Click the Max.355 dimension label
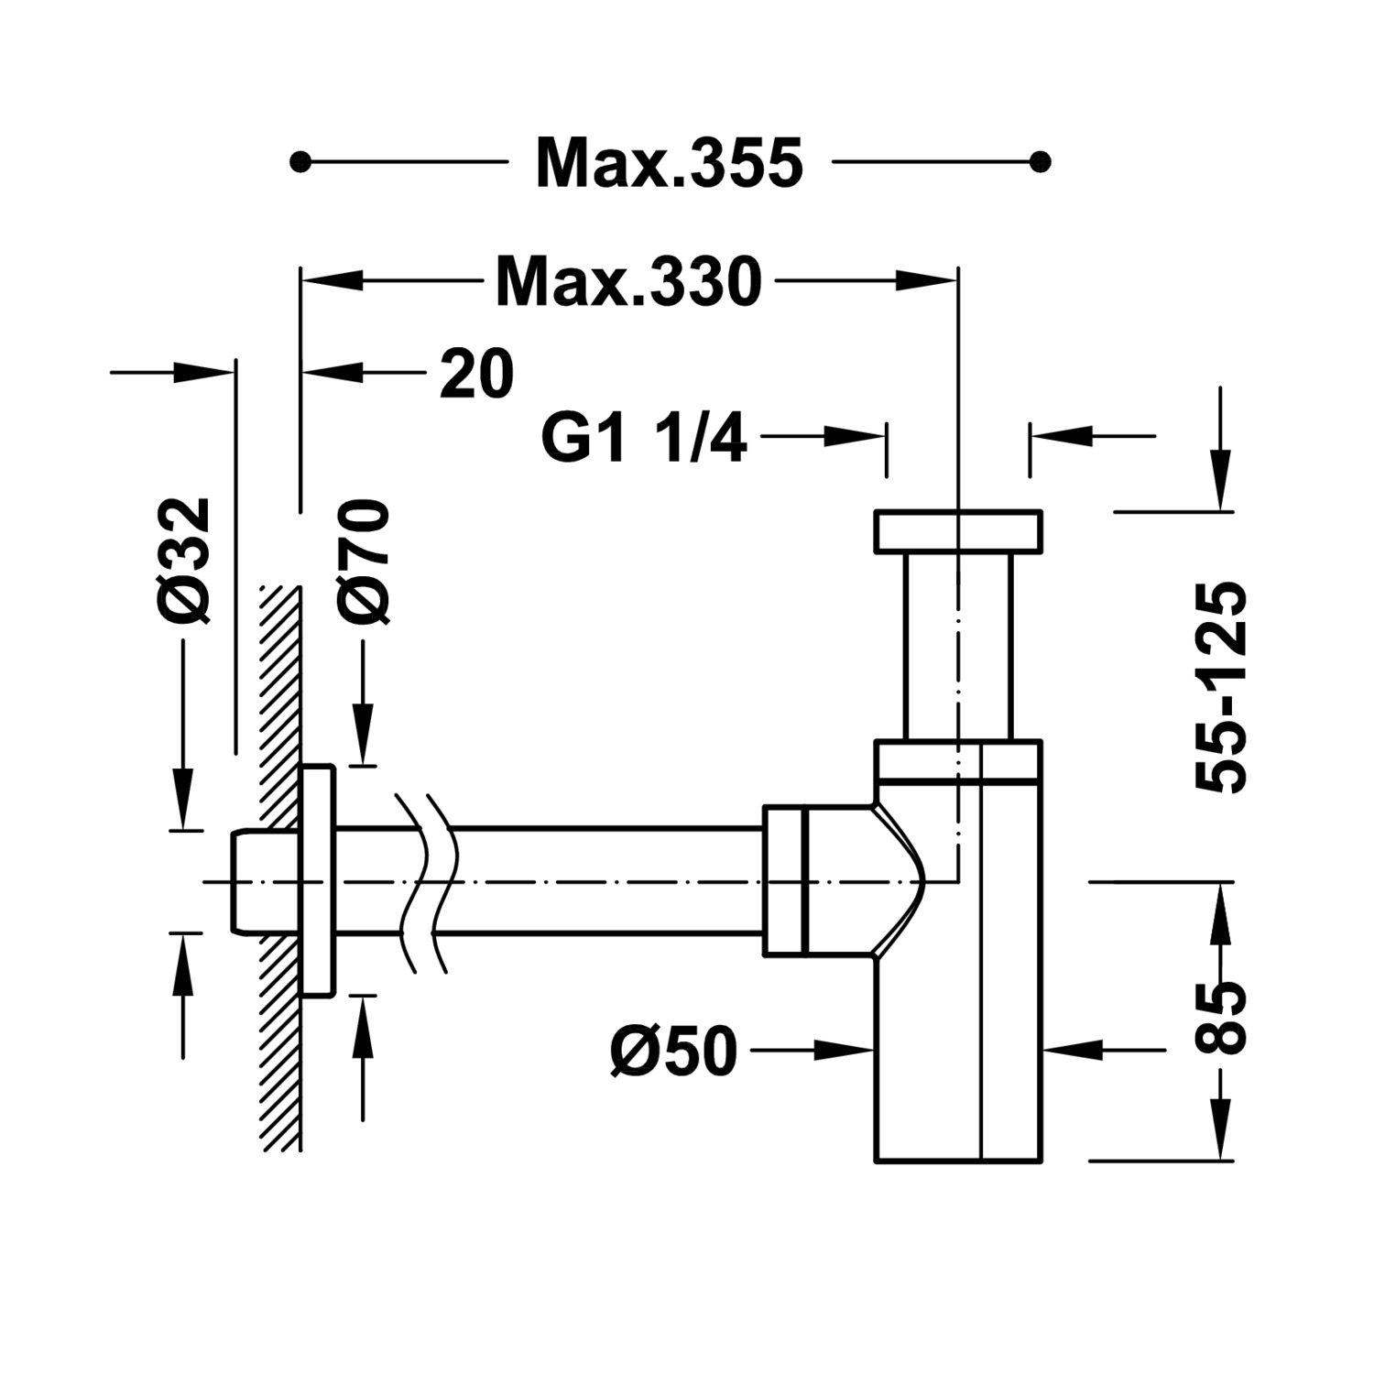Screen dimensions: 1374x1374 point(670,163)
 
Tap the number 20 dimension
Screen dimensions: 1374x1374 point(476,373)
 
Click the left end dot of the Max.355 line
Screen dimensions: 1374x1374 point(298,163)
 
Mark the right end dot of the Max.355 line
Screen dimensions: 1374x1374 point(1040,163)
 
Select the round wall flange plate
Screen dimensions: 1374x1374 point(318,880)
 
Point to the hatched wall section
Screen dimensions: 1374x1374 point(280,867)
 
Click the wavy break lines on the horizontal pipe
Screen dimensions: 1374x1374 point(424,881)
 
